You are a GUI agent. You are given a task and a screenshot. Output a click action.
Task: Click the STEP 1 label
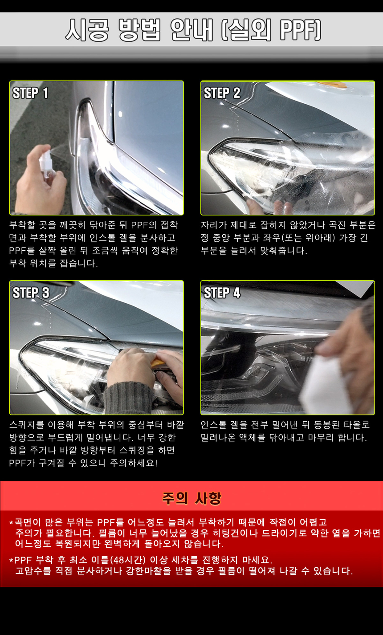[30, 93]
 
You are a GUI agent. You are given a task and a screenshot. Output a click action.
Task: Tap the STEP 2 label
[222, 93]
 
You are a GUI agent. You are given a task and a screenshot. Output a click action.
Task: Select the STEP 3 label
[31, 293]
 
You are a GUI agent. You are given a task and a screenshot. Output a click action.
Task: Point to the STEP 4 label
[222, 293]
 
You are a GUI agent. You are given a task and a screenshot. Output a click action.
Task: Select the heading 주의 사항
[191, 498]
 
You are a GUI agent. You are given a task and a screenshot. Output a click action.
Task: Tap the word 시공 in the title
[87, 30]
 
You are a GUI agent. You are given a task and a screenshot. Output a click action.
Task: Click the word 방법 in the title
[140, 30]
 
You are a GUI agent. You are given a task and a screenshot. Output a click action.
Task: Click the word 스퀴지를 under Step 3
[27, 425]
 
